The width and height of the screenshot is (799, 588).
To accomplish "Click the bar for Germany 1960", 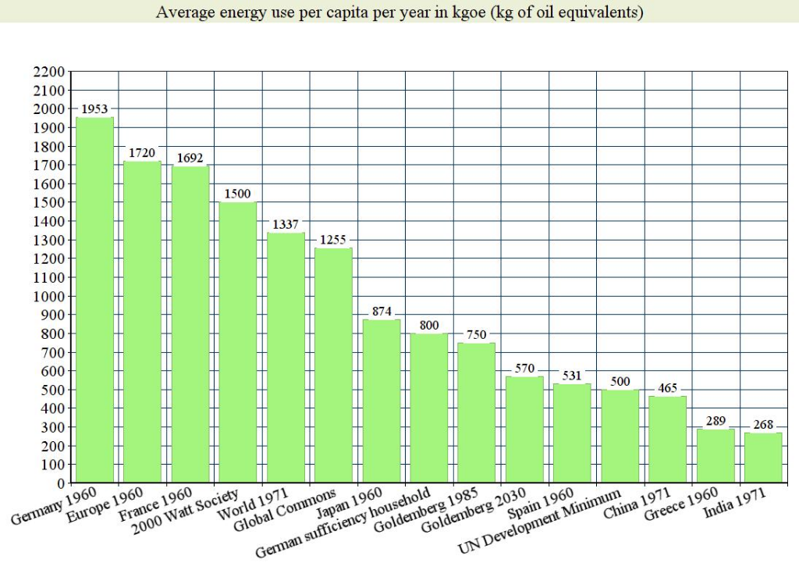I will (94, 300).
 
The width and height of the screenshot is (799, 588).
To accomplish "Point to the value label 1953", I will (94, 109).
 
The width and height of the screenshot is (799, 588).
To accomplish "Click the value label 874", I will (382, 311).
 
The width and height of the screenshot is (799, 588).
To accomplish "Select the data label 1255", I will (333, 240).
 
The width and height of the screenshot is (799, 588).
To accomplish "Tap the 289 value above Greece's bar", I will (716, 421).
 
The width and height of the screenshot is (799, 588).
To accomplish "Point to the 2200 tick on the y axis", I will (49, 72).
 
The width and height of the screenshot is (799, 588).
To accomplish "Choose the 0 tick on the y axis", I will (60, 483).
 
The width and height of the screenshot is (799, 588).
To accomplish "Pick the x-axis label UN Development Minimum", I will (541, 522).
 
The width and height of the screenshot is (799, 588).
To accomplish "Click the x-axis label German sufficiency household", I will (344, 523).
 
